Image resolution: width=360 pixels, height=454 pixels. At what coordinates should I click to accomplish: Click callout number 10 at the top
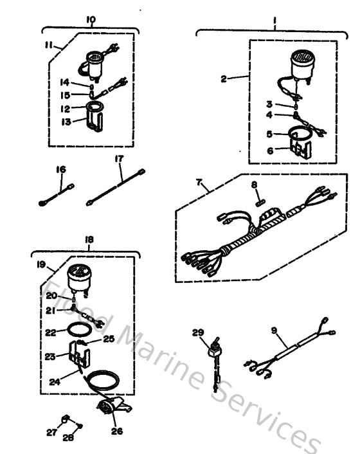pos(91,20)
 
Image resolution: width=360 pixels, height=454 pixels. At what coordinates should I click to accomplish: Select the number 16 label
pos(60,168)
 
